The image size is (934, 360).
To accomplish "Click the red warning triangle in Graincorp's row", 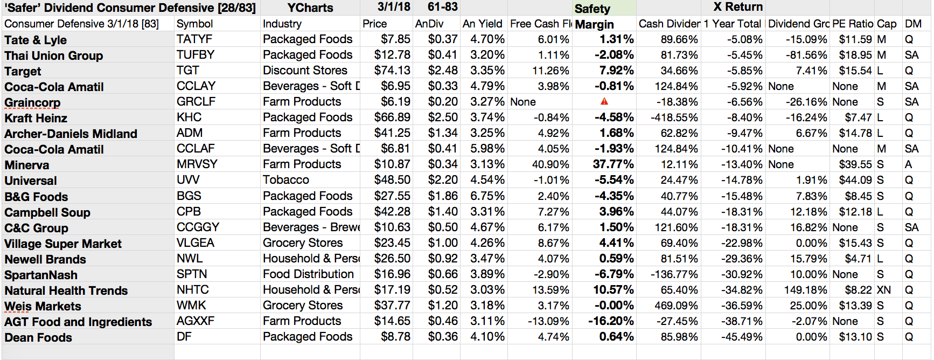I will (x=604, y=101).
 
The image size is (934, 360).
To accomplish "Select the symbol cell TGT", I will (x=187, y=71).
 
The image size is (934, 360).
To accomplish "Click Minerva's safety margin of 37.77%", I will (x=613, y=164).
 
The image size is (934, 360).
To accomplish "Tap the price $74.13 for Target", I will (x=392, y=71).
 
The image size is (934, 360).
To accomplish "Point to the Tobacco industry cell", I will (x=285, y=180).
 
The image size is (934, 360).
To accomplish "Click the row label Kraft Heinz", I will (x=36, y=118).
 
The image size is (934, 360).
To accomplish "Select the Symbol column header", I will (x=194, y=24).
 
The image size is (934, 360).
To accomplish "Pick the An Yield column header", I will (x=482, y=24).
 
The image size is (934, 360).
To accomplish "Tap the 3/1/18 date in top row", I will (x=393, y=7).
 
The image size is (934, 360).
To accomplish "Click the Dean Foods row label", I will (x=38, y=337).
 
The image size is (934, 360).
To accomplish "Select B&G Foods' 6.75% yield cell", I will (x=487, y=196).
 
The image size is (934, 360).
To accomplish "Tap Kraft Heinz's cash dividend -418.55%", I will (x=674, y=117).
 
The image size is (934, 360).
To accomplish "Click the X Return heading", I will (x=737, y=7).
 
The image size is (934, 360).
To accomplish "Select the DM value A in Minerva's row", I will (x=908, y=164).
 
